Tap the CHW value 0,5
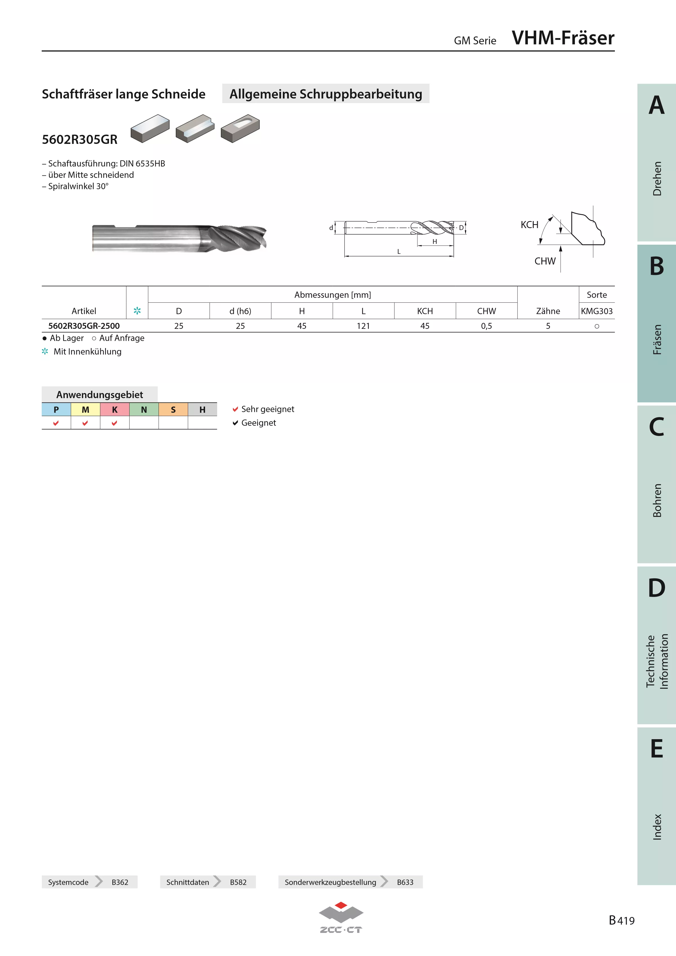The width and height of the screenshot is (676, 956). [486, 326]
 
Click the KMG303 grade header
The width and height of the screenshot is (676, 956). [597, 311]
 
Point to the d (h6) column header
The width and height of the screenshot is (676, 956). [240, 311]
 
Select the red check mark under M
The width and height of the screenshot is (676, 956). [85, 423]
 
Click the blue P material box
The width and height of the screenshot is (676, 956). [56, 409]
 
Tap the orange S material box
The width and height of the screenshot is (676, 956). [173, 409]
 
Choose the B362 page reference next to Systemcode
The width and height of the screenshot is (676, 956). [120, 882]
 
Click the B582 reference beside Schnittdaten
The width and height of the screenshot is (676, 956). [238, 882]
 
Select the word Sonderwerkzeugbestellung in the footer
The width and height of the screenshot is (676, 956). [330, 882]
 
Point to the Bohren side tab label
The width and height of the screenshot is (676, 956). [657, 500]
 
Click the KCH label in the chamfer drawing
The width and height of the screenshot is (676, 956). [529, 225]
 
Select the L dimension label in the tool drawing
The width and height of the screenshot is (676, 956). [399, 251]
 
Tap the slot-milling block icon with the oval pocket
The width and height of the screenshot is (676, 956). [240, 128]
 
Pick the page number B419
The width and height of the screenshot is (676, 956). [621, 920]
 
